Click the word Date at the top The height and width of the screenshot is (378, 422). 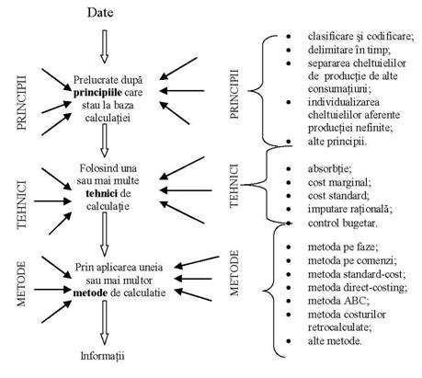point(100,13)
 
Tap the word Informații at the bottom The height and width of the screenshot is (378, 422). point(102,356)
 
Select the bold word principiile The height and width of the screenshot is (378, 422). point(97,93)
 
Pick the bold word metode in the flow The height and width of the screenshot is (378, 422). point(90,292)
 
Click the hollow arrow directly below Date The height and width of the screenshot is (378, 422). point(105,47)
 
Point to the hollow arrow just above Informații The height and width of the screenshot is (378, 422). point(105,323)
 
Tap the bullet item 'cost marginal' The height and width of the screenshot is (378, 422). point(339,183)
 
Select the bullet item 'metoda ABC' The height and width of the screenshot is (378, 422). point(338,301)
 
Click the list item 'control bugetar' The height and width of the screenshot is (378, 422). point(342,223)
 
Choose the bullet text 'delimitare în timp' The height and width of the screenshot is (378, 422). point(349,50)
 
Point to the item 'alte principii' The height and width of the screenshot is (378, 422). point(337,142)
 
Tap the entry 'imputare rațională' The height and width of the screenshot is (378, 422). point(350,209)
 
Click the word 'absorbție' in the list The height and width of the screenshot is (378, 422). point(330,169)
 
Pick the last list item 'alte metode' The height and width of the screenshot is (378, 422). point(335,341)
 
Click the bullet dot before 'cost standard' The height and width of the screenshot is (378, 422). point(289,196)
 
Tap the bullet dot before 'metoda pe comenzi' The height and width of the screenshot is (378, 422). point(289,260)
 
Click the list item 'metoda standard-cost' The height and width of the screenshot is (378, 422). point(357,274)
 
